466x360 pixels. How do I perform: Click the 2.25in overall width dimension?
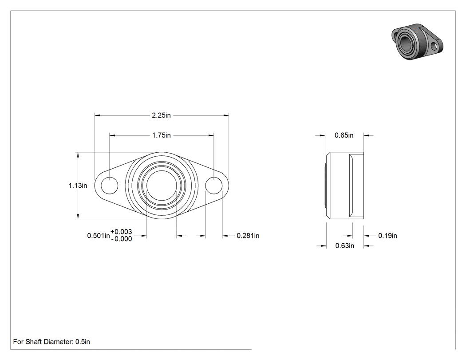point(162,115)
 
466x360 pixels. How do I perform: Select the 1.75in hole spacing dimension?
point(162,135)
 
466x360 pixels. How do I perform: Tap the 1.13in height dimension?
point(78,186)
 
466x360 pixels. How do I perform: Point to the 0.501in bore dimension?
point(99,236)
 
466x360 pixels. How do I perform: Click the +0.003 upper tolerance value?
point(121,232)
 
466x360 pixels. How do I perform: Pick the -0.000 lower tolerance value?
point(121,239)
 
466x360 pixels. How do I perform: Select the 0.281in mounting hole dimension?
point(248,236)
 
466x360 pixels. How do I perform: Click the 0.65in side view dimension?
point(344,135)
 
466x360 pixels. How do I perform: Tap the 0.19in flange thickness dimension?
point(387,236)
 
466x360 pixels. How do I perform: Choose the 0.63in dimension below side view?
point(345,246)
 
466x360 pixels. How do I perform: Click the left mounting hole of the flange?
point(109,186)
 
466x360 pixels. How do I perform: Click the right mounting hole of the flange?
point(214,186)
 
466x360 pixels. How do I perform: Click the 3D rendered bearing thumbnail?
point(417,42)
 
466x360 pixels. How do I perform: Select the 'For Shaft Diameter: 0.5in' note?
point(51,342)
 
